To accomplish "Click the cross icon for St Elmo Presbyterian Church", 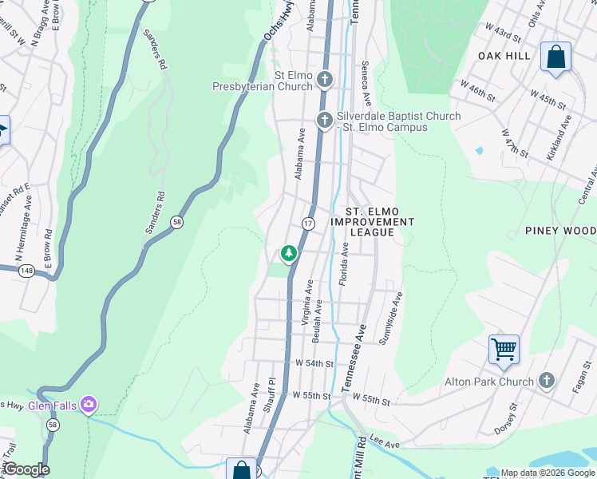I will [x=324, y=79].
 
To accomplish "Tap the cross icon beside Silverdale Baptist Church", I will [x=324, y=121].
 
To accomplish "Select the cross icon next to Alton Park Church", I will [x=547, y=381].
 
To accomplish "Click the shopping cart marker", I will [x=504, y=349].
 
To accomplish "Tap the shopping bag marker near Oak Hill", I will [x=555, y=57].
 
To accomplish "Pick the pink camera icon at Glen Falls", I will [x=89, y=406].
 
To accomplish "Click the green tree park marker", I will [x=288, y=254].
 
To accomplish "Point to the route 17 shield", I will [x=308, y=223].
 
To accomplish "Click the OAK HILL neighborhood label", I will [x=504, y=55].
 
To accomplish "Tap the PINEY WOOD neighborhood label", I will [x=560, y=231].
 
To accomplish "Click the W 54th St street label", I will [x=313, y=363].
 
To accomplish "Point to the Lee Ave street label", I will [x=384, y=442].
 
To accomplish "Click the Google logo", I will [x=26, y=469].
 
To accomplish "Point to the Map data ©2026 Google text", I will [x=548, y=473].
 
